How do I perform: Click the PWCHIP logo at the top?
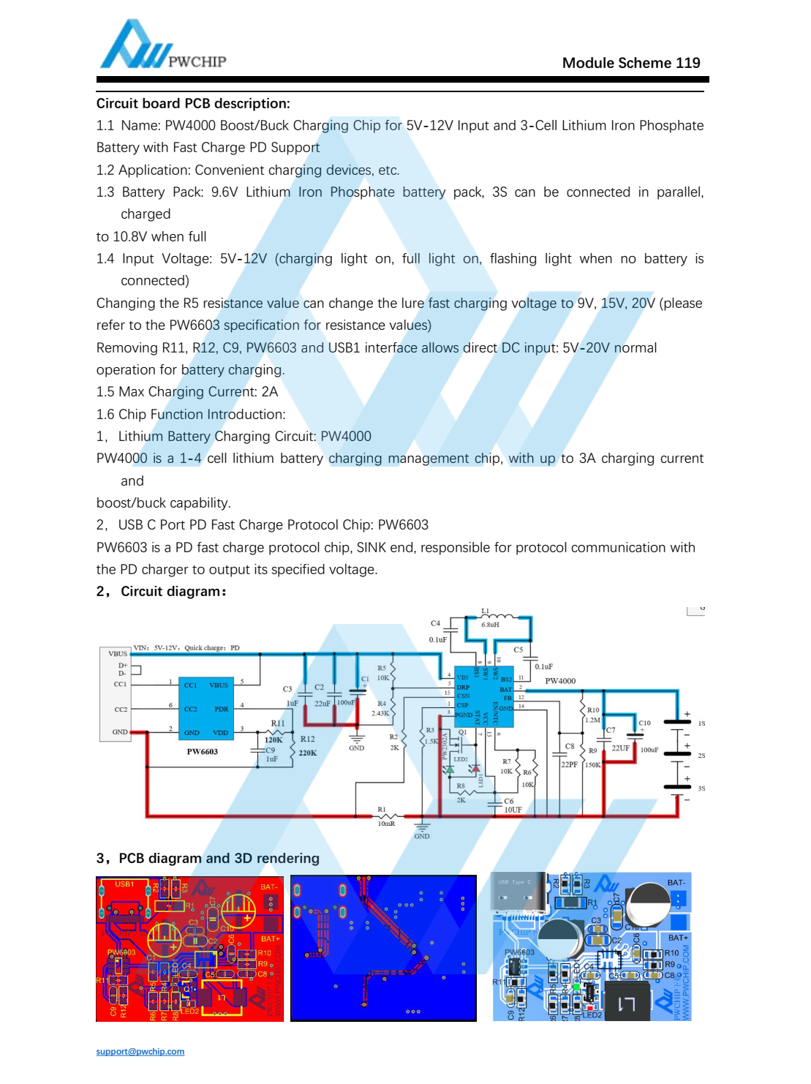[162, 45]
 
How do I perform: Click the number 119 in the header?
[687, 63]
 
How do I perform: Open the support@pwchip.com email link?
[140, 1051]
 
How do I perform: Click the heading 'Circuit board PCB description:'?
[193, 103]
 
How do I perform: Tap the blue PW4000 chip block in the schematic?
[483, 696]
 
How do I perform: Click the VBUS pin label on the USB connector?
[118, 653]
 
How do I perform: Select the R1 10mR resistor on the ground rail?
[386, 816]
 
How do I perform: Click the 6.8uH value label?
[490, 625]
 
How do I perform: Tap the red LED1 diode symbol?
[475, 769]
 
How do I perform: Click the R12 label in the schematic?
[307, 739]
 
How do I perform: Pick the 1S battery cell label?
[701, 723]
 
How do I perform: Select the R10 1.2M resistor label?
[593, 710]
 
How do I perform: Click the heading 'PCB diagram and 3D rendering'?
[219, 858]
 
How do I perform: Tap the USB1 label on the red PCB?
[124, 884]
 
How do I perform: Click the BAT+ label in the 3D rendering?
[678, 938]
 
